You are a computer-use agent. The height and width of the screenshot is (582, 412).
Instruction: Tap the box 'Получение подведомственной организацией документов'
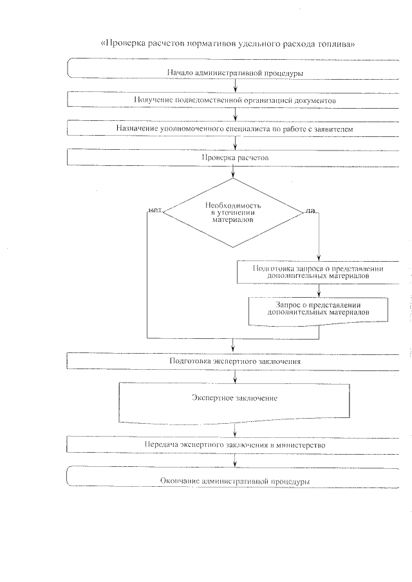235,99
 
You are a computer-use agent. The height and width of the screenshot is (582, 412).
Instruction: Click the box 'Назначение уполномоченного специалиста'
235,128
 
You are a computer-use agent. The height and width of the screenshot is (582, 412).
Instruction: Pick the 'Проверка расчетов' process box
235,156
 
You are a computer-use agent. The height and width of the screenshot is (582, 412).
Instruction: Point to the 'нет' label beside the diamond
154,210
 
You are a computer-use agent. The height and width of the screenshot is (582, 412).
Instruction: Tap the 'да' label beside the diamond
310,210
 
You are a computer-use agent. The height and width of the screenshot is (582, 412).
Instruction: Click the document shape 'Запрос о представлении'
319,309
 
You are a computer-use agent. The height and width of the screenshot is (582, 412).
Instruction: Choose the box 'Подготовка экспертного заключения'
235,361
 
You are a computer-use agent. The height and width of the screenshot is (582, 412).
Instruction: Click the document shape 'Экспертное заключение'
235,400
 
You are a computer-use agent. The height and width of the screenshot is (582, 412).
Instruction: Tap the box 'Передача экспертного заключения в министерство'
235,444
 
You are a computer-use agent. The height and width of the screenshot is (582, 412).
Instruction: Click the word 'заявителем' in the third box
332,128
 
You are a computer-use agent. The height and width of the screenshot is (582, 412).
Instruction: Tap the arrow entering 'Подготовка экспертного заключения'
234,348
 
